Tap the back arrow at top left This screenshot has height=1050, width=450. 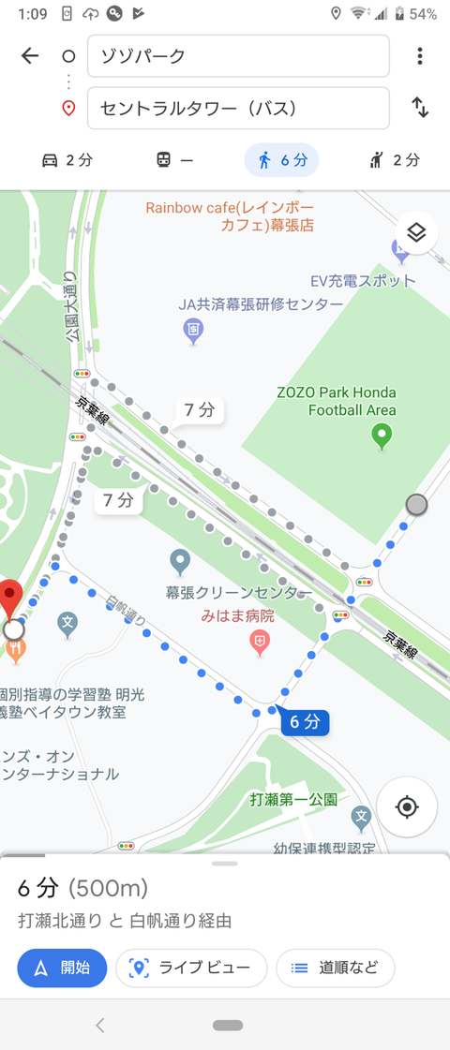30,56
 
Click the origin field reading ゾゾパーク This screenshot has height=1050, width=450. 238,56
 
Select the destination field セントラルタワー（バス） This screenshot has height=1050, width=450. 238,108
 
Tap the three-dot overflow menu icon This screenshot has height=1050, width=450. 419,56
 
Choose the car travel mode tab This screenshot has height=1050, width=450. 67,160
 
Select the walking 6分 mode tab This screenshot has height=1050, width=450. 281,160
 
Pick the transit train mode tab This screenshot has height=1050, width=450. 174,160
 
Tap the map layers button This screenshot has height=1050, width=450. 416,232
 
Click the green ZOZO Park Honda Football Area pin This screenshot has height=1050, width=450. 382,435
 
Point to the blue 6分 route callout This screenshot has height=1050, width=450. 305,721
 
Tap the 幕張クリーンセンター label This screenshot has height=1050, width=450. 238,593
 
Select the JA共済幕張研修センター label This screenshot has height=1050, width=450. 262,305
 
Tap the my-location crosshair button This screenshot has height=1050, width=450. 407,806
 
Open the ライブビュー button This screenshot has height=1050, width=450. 191,968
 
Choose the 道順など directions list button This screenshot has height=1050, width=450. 335,968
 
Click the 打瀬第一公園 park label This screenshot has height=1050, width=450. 293,800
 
